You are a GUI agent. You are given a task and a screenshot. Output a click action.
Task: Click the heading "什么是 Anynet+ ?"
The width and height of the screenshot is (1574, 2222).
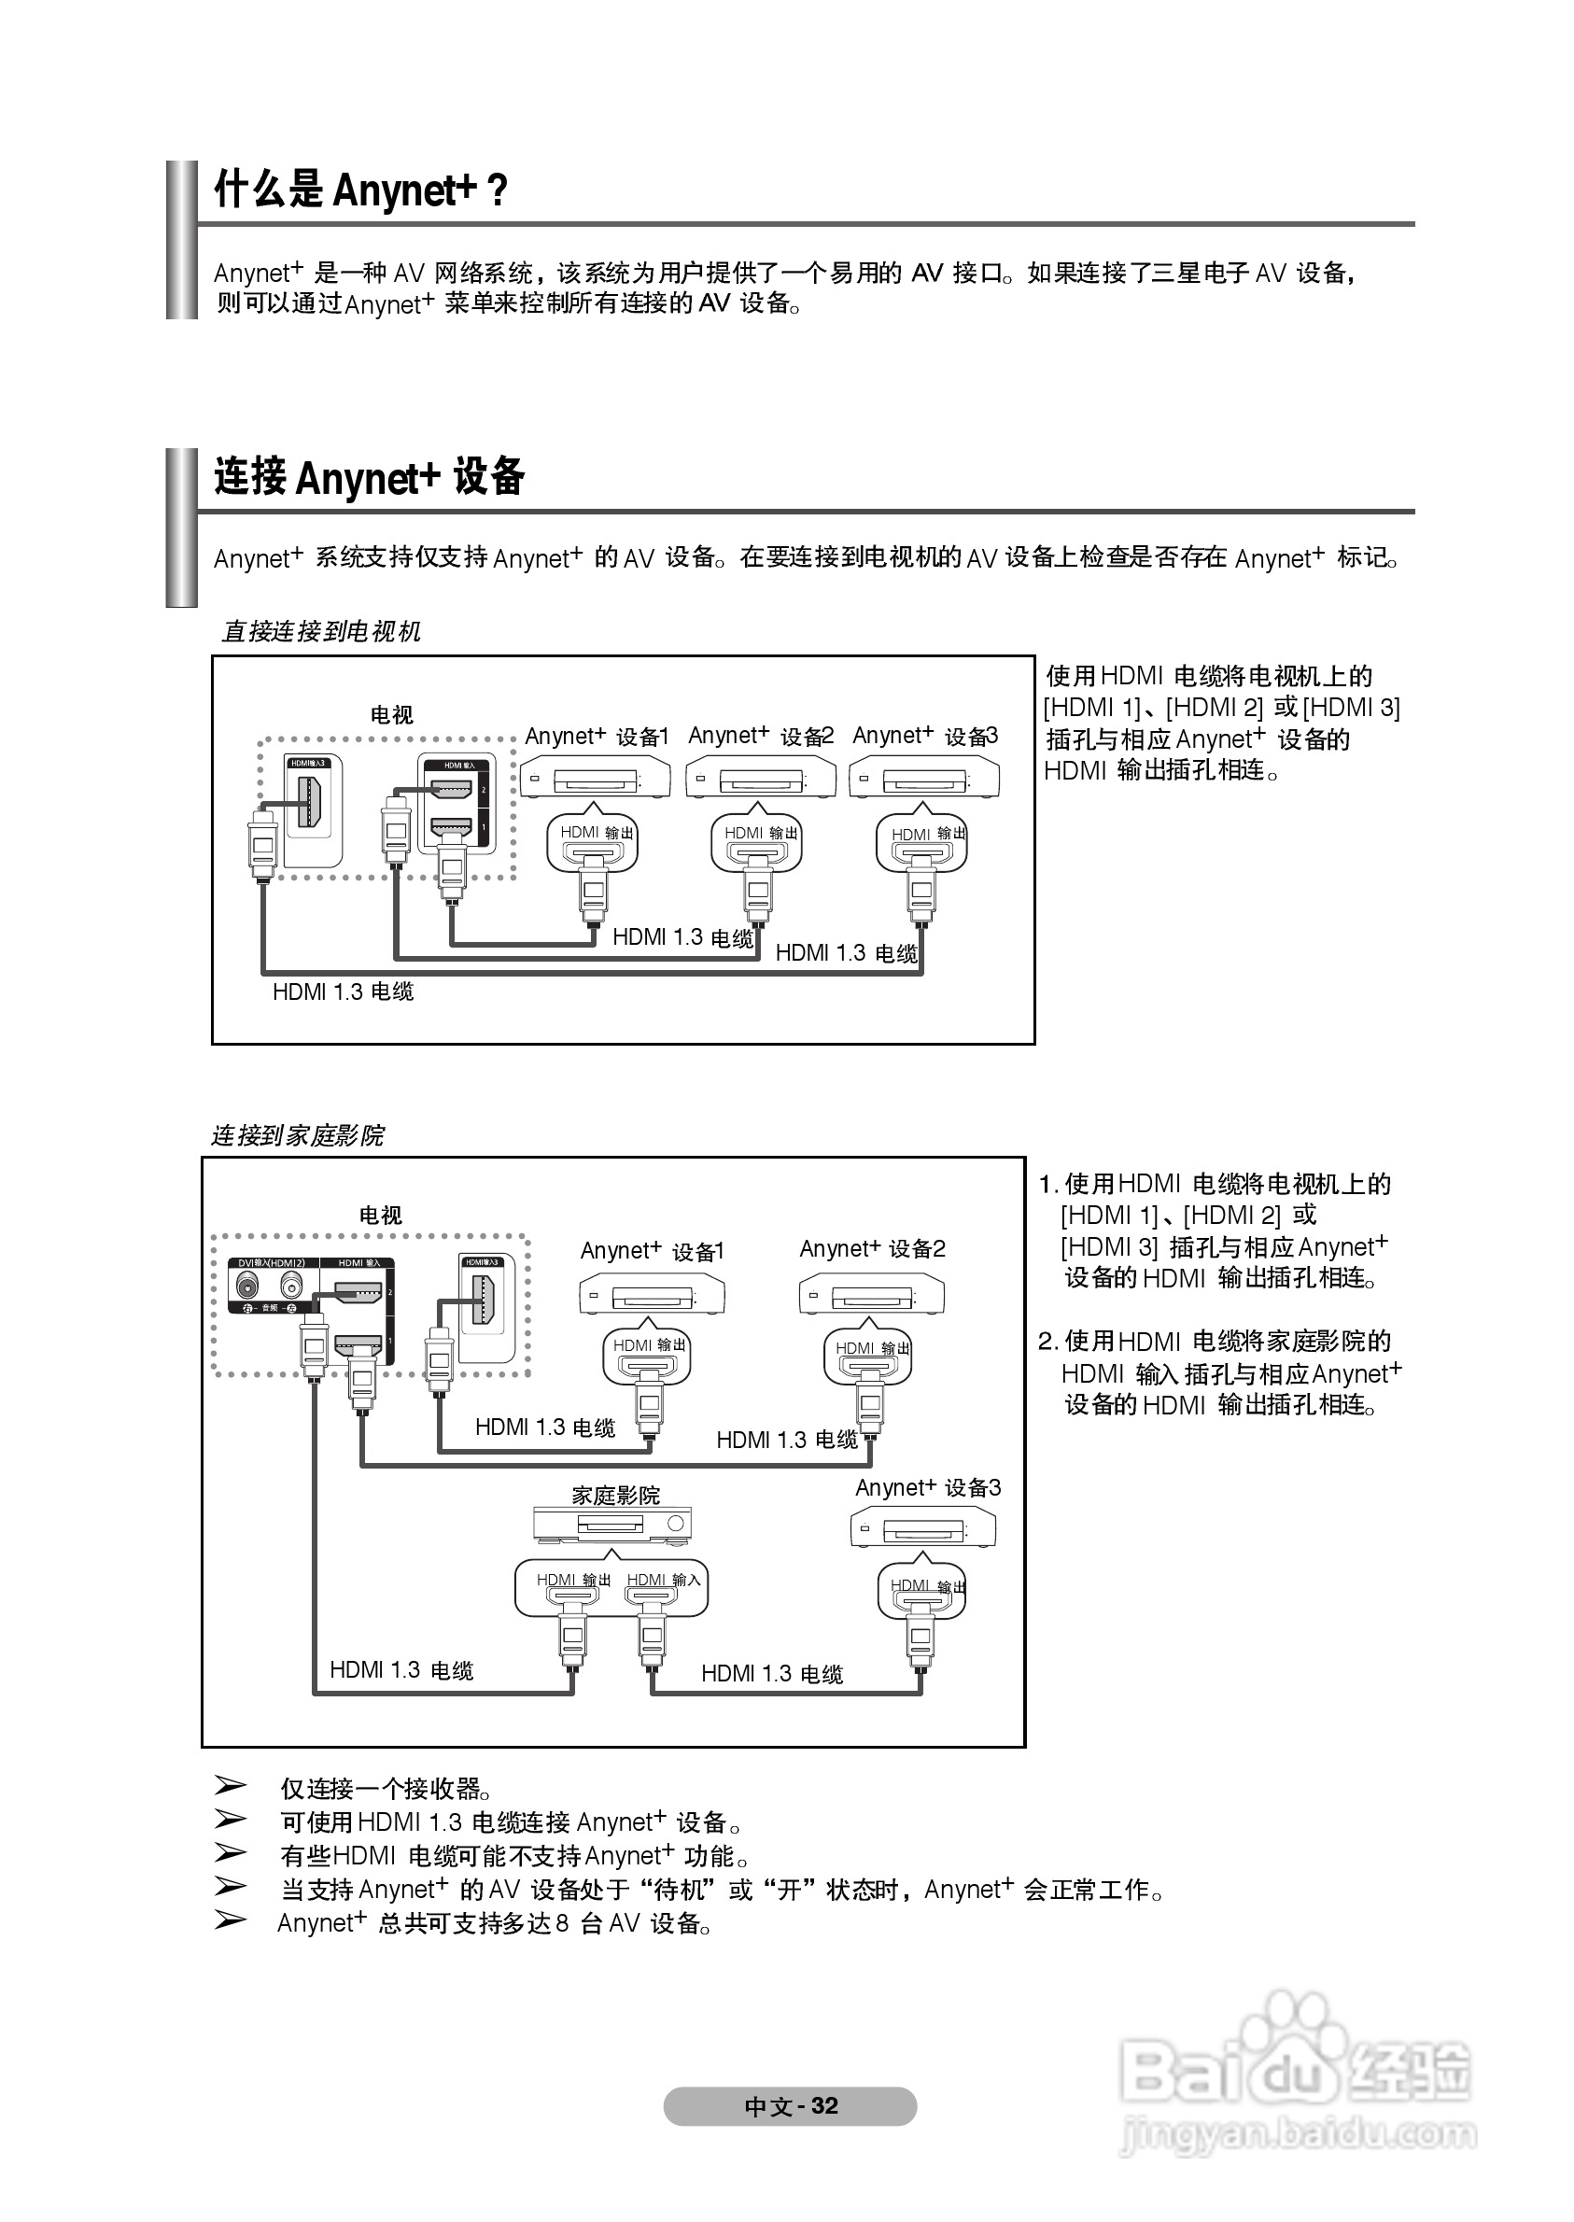coord(360,190)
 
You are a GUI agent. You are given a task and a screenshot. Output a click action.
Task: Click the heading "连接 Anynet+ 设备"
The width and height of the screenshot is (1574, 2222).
coord(370,477)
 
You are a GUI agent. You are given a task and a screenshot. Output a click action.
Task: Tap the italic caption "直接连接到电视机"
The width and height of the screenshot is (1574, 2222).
coord(321,632)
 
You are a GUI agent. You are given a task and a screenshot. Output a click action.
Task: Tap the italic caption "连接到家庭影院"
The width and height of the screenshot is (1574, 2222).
coord(298,1135)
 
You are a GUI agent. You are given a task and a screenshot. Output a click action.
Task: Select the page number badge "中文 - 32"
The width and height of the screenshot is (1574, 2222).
coord(790,2105)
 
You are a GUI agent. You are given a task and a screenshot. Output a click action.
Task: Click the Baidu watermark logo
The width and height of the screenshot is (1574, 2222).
coord(1296,2073)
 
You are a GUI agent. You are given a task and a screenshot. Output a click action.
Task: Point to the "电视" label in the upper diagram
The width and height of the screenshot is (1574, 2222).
coord(391,715)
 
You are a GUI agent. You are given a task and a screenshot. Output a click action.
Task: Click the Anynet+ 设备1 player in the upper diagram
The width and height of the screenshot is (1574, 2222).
coord(595,778)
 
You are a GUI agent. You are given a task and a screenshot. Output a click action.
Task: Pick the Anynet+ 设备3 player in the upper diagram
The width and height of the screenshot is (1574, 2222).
coord(923,778)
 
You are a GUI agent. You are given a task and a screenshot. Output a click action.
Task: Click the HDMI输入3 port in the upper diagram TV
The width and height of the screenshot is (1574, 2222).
coord(311,801)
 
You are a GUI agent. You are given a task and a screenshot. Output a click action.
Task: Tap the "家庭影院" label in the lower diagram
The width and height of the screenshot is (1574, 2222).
coord(615,1496)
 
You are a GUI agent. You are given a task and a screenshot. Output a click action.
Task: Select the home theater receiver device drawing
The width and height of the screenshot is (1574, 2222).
coord(612,1525)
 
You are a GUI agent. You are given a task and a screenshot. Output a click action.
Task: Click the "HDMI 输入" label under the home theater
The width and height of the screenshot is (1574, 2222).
coord(663,1580)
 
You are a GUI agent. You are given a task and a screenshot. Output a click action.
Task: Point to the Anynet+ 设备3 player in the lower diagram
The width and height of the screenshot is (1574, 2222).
coord(923,1529)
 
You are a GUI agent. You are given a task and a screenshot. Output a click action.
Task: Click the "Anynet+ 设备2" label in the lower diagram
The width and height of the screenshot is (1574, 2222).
coord(872,1249)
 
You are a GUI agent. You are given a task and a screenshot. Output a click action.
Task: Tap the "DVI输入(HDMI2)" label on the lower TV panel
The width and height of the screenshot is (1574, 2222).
coord(272,1262)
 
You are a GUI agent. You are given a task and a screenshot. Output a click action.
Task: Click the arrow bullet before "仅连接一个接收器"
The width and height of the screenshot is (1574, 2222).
coord(230,1785)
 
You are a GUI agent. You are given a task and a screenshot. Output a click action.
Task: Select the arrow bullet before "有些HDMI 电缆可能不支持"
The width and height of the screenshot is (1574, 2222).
coord(230,1853)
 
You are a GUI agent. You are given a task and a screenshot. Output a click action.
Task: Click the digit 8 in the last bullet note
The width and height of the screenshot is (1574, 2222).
coord(561,1923)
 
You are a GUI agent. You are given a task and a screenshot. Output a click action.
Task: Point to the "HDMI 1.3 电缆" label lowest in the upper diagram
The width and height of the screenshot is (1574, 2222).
coord(344,991)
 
